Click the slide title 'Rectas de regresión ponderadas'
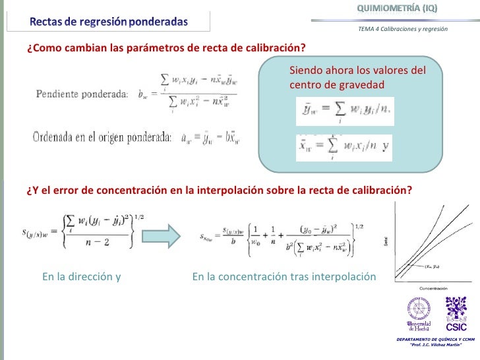coord(109,21)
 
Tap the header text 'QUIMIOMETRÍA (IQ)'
coord(397,9)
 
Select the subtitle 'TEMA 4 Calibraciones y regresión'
coord(403,30)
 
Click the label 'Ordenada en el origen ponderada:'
coord(102,137)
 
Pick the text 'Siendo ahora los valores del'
coord(357,71)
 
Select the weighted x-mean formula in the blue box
coord(343,146)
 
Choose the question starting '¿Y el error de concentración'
coord(219,190)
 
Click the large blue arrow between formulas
coord(161,235)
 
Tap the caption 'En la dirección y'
coord(81,277)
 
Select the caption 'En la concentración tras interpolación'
coord(284,277)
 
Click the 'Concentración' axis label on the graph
coord(435,288)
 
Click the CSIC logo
coord(456,314)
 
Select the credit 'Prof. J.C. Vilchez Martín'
coord(435,345)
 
